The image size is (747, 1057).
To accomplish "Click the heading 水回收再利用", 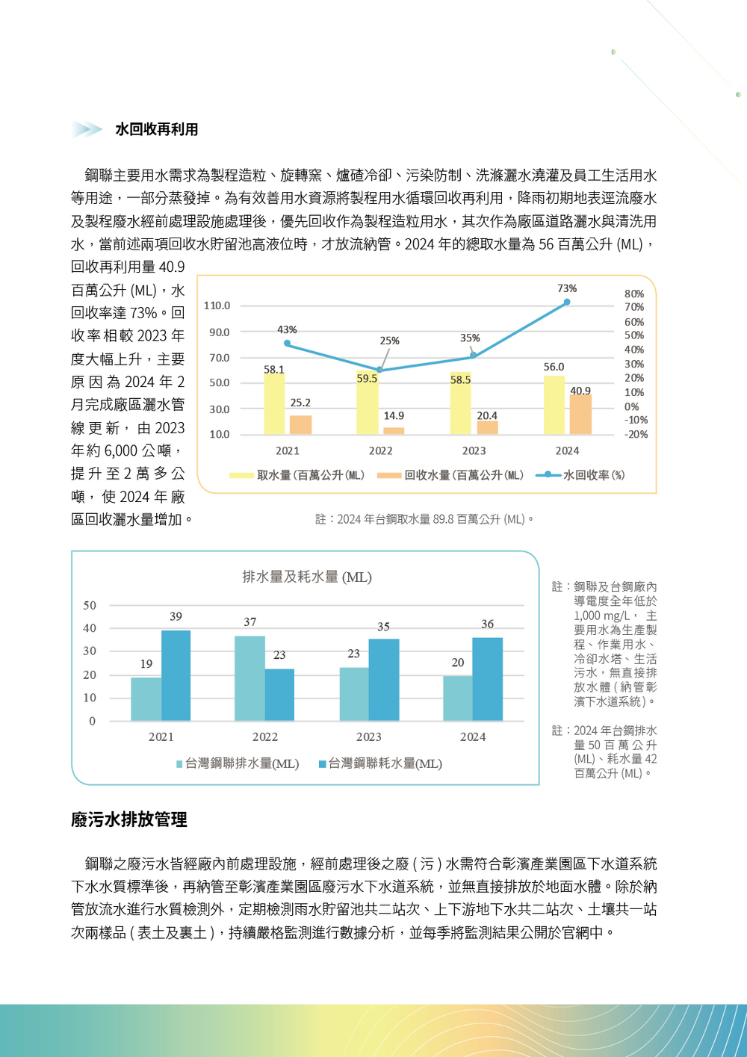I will click(157, 129).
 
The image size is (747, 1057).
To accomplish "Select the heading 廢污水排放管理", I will click(128, 819).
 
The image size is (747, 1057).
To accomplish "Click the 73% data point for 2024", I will click(567, 302).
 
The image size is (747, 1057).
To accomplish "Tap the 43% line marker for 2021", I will click(288, 344).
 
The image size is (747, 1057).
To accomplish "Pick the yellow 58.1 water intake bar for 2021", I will click(274, 403).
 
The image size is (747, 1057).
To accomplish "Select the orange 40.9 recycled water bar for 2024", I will click(580, 414).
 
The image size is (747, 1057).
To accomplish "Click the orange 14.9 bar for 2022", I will click(394, 430).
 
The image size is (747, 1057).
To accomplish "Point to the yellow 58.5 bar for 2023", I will click(460, 403).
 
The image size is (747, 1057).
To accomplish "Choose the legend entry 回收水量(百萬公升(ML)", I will click(451, 475).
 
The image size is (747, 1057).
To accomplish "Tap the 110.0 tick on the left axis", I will click(217, 306).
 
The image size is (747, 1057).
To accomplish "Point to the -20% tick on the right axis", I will click(636, 434).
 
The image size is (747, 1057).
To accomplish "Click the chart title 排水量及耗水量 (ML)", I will click(307, 577).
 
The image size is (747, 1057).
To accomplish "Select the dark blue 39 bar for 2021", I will click(176, 675).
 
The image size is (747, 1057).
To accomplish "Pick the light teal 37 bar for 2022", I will click(249, 678).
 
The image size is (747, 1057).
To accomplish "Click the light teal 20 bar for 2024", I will click(457, 698).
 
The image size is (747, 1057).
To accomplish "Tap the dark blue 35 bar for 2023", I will click(383, 680).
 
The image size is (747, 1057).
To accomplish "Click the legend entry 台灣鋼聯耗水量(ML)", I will click(380, 763).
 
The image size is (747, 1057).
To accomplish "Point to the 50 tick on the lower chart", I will click(90, 605).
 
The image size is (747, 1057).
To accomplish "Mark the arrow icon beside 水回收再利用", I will click(87, 129).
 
